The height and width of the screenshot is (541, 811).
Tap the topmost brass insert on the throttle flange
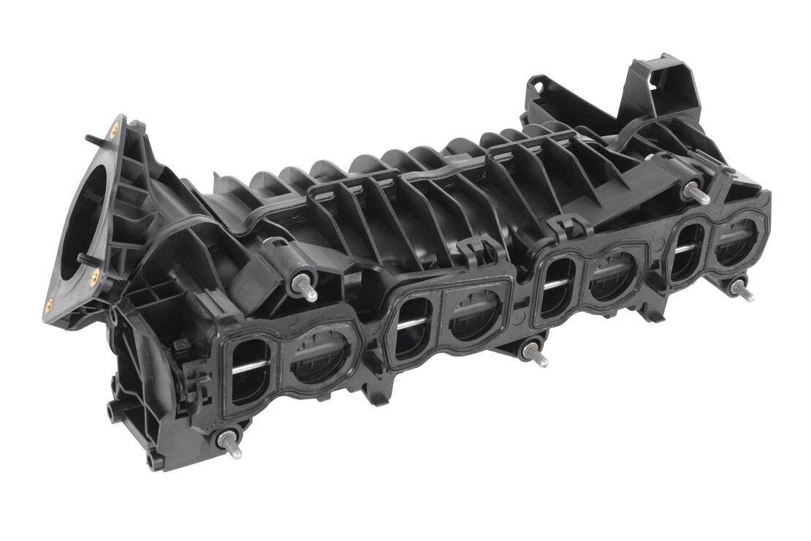pos(113,132)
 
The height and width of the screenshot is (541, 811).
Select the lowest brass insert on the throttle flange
pos(49,305)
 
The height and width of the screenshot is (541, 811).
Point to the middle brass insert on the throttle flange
pos(94,276)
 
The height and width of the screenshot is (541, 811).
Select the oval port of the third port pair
pos(555,285)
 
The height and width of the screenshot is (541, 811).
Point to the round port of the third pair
pos(612,276)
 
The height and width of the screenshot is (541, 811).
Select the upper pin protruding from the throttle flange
pos(91,137)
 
